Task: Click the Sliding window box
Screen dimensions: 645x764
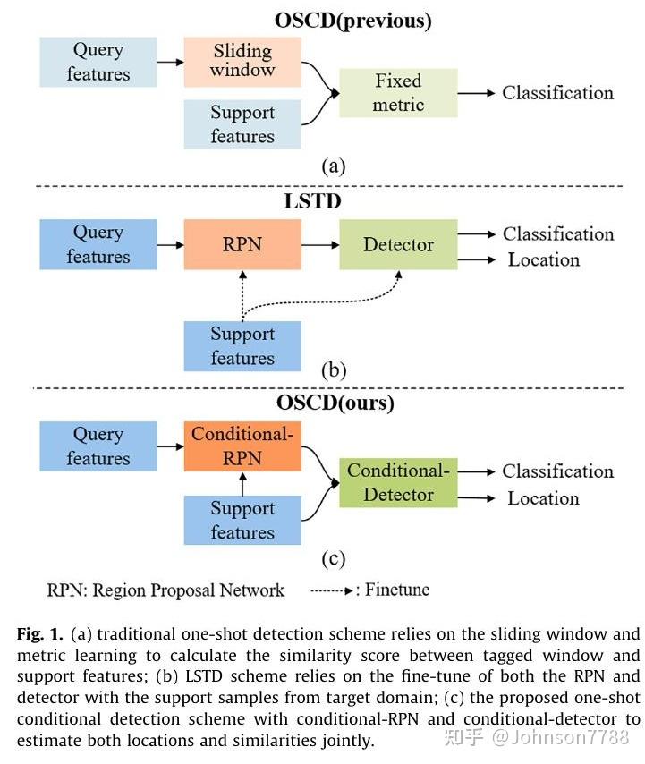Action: (242, 62)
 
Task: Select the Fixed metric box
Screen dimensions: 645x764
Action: (398, 92)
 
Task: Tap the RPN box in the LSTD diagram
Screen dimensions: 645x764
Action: (242, 244)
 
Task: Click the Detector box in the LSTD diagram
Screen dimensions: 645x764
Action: (398, 244)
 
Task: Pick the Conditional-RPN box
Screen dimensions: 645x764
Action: (242, 446)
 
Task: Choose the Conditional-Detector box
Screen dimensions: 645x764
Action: (398, 482)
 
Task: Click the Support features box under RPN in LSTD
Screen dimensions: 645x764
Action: (242, 346)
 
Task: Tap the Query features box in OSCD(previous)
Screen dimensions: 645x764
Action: (98, 62)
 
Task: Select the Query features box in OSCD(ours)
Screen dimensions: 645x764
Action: (98, 446)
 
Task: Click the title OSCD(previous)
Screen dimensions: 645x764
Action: (352, 21)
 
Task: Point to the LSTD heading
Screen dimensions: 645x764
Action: (312, 201)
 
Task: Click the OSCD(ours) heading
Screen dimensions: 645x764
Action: (335, 403)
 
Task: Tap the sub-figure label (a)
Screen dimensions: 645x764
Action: (333, 166)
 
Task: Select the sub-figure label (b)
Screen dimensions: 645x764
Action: (334, 369)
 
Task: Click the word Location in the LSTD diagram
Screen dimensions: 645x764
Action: (544, 259)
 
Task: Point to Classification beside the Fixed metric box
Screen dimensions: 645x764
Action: (558, 92)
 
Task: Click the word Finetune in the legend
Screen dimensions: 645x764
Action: (397, 590)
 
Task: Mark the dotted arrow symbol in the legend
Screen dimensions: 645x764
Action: (332, 591)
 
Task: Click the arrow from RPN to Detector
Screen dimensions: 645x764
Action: (320, 244)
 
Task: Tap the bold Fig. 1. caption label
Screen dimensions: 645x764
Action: (40, 634)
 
